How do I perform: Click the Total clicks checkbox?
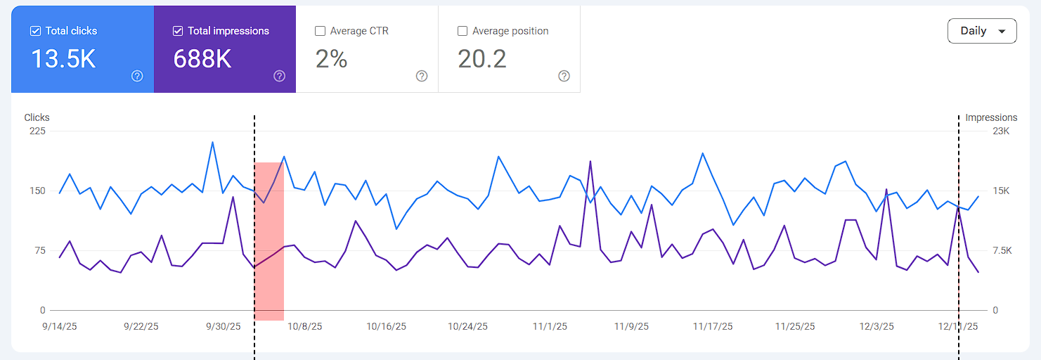35,31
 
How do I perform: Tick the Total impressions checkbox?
178,31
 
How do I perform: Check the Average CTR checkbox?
321,31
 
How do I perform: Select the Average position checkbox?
463,31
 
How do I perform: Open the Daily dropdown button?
982,31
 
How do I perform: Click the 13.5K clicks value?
63,59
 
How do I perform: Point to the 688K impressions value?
202,59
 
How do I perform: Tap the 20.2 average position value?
482,59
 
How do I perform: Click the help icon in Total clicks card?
137,76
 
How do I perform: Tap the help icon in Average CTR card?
422,76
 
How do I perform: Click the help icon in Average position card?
564,76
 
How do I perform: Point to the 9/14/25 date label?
59,326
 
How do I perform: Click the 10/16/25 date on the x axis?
386,326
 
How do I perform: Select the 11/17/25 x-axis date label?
713,326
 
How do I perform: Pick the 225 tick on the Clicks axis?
37,131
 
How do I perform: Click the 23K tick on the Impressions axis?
1001,131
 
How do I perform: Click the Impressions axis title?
991,117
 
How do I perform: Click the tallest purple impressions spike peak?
590,162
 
